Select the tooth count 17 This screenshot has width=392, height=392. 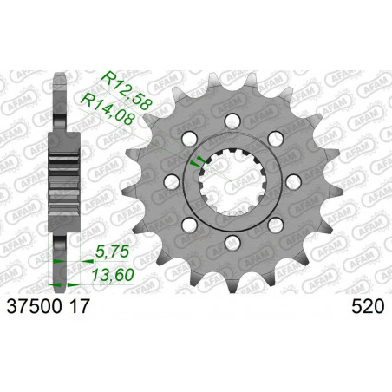point(78,306)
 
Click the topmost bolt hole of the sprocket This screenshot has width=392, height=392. point(233,121)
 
